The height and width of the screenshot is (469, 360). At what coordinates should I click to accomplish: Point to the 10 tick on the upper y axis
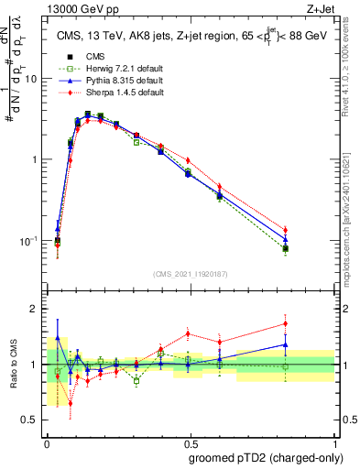[x=33, y=79]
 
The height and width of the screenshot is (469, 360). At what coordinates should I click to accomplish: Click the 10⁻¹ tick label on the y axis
[x=31, y=241]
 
